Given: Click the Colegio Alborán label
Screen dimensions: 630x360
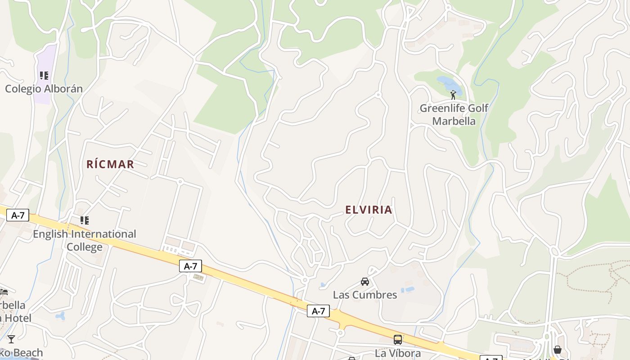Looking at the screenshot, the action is pos(44,89).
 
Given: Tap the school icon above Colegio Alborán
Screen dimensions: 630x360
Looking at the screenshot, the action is pos(44,75).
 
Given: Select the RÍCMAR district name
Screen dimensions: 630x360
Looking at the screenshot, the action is pos(110,164).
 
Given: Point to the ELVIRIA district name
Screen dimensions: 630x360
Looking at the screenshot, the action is pos(369,210).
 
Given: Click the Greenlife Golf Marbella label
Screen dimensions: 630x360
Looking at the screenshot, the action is pos(454,114).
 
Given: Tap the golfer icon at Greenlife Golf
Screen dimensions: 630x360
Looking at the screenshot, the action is pos(453,94).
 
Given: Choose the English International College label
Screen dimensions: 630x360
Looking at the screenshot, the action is pos(84,240).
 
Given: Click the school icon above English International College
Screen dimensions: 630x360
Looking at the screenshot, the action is pos(84,220).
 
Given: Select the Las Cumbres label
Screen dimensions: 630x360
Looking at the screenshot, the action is pos(365,295).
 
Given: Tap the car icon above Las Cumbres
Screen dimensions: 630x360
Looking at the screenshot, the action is pos(365,282).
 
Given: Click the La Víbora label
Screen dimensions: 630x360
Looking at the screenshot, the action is pos(398,353).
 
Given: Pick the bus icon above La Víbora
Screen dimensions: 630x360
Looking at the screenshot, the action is pos(398,340).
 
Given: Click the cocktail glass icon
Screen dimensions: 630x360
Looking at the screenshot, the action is pos(11,339).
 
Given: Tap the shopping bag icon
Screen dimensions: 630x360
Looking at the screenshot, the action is pos(557,350).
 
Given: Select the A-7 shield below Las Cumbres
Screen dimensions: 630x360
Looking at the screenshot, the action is pos(318,311).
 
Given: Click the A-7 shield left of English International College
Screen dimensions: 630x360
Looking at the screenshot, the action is pos(18,215).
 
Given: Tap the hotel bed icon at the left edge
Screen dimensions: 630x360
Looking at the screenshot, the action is pos(4,292).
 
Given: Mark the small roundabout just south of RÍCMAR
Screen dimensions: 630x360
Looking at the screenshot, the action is pos(180,182).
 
